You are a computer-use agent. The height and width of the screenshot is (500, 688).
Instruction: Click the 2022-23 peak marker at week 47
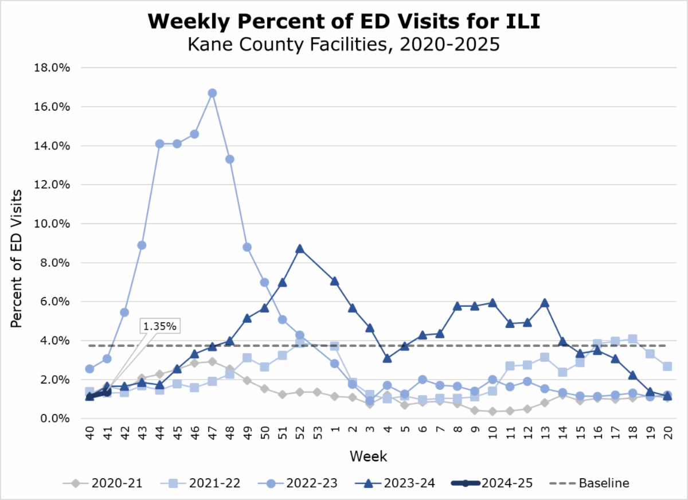click(212, 93)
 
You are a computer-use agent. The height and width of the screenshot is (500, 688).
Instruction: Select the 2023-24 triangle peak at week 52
click(299, 249)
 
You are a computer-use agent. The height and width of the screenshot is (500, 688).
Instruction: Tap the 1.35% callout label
click(161, 326)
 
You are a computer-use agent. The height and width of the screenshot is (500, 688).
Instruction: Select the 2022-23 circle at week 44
click(160, 144)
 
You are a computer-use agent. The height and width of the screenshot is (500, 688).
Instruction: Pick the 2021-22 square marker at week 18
click(633, 339)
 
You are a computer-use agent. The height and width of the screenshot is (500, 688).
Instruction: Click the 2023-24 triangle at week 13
click(545, 303)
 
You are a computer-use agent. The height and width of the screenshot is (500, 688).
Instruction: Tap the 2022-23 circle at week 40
click(90, 369)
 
